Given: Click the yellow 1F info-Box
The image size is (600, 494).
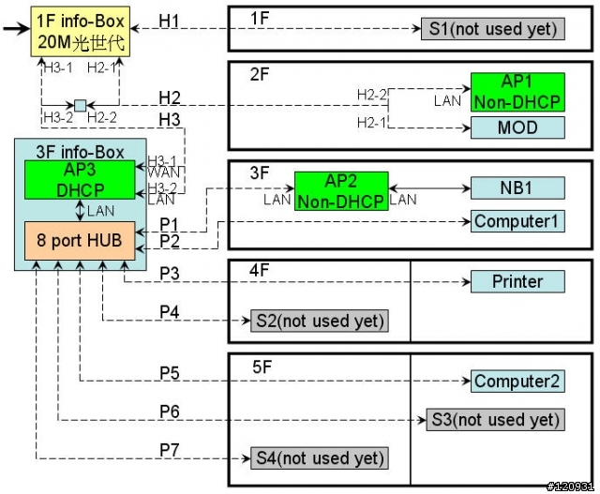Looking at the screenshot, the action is coord(81,32).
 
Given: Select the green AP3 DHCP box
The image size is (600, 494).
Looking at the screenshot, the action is coord(80,180).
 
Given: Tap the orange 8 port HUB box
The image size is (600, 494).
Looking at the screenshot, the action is coord(80,241).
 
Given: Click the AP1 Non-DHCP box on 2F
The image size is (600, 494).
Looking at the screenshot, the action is coord(517,92).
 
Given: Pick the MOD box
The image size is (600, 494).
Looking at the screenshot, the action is coord(517,127).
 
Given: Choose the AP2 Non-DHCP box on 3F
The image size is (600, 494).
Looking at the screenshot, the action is coord(341,191).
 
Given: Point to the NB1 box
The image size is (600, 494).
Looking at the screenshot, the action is coord(517,187).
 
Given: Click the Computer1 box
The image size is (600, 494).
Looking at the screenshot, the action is coord(517,221).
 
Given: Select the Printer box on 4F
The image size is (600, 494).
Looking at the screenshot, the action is coord(517,281).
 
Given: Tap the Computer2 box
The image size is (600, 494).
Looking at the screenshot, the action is coord(517,382).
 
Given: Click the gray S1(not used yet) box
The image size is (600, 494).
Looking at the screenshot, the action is coord(493,29).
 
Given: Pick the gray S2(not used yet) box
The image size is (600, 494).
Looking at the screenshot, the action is coord(320,321).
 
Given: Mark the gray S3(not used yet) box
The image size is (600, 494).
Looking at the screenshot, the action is coord(496,420).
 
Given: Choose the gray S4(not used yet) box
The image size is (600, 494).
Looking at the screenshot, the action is coord(320,458).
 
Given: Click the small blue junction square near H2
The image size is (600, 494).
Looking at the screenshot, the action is coord(80,105).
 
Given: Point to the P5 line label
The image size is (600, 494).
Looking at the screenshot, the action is coord(170,373).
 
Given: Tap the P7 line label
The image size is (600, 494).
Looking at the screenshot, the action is coord(170,450).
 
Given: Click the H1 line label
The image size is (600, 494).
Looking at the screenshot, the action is coord(169,21).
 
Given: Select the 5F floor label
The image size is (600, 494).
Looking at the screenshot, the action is coord(262,367).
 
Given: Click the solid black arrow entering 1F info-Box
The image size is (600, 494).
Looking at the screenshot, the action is coord(17,29).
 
